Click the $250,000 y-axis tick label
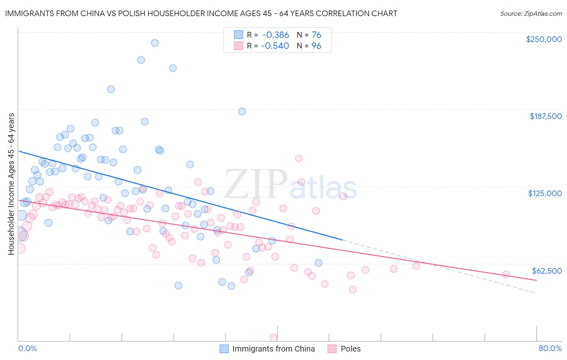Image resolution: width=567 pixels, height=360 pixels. coord(544,39)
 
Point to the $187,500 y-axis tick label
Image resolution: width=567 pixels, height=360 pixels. coord(545,116)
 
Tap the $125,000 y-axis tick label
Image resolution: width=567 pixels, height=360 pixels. coord(545,193)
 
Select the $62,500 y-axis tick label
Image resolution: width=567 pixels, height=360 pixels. coord(546,271)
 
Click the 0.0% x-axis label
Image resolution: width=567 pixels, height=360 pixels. coord(28,348)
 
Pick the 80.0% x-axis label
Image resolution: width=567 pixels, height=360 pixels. coord(550,348)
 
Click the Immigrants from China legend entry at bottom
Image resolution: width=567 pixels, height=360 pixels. coord(273,349)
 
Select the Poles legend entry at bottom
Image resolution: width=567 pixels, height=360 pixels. coord(350,349)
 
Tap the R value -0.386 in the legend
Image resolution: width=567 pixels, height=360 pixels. coord(275,35)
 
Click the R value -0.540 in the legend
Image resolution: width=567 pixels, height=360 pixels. coord(275,46)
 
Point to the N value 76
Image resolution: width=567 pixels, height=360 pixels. coord(316,35)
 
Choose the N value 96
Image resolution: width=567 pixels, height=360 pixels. coord(316,46)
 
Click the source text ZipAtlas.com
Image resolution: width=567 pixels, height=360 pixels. coord(531,13)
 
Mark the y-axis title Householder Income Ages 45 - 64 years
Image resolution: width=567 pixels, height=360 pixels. coord(11,184)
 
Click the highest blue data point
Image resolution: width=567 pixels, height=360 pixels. coord(154,43)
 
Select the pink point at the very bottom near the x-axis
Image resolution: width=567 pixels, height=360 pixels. coord(273,337)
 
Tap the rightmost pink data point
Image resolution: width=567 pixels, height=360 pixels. coord(506,274)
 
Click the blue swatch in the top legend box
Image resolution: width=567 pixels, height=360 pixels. coord(238,35)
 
